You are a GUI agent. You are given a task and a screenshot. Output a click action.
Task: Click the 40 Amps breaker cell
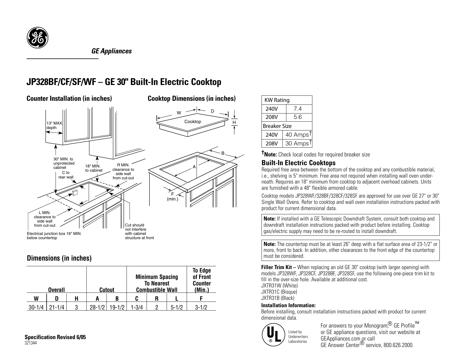pos(297,135)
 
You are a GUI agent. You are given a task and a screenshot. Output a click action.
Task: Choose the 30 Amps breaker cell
pos(297,143)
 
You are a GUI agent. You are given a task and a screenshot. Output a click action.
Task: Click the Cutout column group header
pos(107,290)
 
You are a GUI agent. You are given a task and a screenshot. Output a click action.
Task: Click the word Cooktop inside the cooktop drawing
pos(193,122)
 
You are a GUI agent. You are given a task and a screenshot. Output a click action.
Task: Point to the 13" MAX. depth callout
pos(55,125)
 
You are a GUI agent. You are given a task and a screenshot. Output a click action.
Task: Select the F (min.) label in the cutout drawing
pos(172,197)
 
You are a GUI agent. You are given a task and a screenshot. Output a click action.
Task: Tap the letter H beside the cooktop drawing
pos(234,122)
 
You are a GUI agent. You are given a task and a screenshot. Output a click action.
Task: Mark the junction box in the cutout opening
pos(75,193)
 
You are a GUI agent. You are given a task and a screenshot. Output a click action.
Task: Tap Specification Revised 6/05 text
pos(55,337)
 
